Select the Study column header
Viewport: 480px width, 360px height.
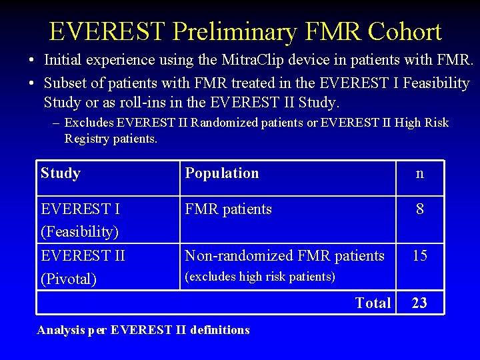61,173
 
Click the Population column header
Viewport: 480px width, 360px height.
222,173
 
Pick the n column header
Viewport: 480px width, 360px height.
419,173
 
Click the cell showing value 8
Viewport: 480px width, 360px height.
419,209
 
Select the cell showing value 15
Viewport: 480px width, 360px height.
419,255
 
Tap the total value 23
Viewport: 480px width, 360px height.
419,303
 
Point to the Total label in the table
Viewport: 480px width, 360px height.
373,303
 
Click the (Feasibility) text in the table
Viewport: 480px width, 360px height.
80,232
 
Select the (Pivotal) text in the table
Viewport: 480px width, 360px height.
69,279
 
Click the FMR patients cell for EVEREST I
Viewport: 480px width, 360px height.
228,209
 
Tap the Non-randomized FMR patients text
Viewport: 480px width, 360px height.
285,255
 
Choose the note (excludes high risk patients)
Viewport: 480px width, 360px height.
260,277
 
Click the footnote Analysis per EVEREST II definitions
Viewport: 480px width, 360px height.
143,330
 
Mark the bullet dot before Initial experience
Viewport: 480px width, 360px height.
31,61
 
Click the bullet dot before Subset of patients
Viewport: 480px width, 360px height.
31,83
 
